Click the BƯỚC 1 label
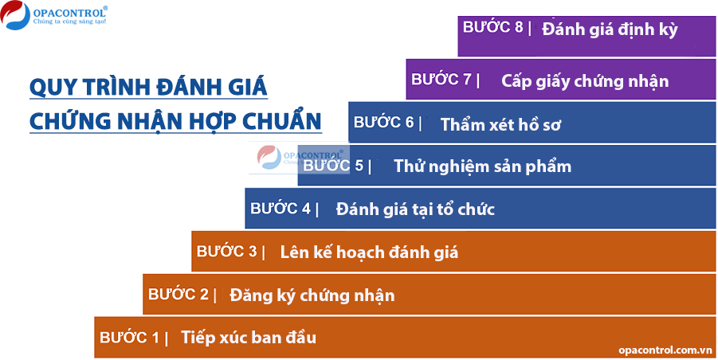click(130, 338)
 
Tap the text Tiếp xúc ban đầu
click(249, 338)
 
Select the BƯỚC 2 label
click(179, 294)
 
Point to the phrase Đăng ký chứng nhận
click(312, 295)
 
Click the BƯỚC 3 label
click(227, 251)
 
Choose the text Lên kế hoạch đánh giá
click(369, 252)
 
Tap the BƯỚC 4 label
click(281, 208)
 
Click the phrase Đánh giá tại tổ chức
click(415, 209)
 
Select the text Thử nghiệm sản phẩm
click(483, 166)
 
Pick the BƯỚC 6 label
click(384, 122)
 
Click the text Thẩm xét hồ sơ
click(500, 124)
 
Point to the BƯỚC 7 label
click(441, 79)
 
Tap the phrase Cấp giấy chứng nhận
click(585, 81)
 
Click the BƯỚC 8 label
click(492, 27)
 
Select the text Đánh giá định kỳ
click(610, 29)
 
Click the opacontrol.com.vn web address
click(664, 350)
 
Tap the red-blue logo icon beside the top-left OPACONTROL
click(14, 14)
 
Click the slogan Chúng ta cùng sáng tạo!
click(70, 22)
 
